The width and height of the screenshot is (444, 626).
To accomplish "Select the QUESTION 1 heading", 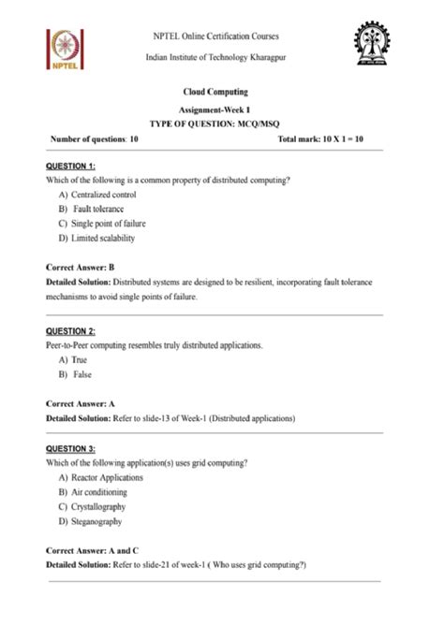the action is (x=69, y=165).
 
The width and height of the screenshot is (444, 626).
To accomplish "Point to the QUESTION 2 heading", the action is (x=70, y=331).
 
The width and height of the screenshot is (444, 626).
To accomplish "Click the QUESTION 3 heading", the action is (x=70, y=449).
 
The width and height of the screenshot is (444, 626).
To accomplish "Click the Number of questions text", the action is (x=95, y=138).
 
